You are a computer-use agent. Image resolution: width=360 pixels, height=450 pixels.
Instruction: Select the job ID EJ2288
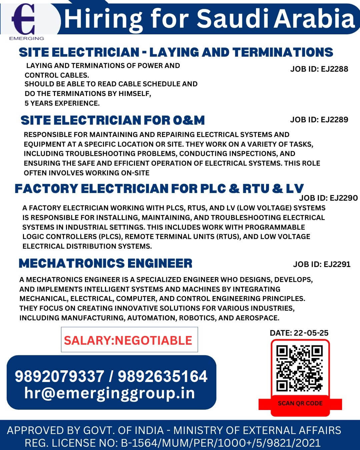click(319, 69)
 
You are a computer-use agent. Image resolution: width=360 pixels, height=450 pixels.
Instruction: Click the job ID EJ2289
click(319, 120)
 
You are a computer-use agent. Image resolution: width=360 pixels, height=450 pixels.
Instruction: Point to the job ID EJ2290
click(328, 198)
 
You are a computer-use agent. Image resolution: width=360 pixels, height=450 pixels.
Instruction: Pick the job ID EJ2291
click(322, 264)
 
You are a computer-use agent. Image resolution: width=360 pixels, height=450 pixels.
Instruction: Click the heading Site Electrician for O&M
click(113, 120)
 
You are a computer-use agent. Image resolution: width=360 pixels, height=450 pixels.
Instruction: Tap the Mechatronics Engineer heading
click(105, 263)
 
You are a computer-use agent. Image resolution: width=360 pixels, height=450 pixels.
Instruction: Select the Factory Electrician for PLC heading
click(159, 189)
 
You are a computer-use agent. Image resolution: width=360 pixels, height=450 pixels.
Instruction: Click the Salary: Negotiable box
click(129, 340)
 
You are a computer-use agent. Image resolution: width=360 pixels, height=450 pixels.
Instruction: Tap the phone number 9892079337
click(59, 376)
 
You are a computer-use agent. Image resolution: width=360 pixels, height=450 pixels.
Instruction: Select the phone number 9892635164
click(163, 376)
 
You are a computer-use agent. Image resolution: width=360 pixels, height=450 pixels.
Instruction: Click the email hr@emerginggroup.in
click(110, 393)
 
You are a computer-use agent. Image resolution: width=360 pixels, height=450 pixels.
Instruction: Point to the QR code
click(300, 368)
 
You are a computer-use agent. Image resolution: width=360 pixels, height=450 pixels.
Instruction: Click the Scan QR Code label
click(300, 403)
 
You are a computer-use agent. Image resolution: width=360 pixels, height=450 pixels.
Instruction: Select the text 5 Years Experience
click(62, 103)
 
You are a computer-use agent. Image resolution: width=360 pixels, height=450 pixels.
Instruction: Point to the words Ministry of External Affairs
click(257, 430)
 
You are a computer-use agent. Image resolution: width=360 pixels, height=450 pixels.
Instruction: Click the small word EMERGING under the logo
click(27, 38)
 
